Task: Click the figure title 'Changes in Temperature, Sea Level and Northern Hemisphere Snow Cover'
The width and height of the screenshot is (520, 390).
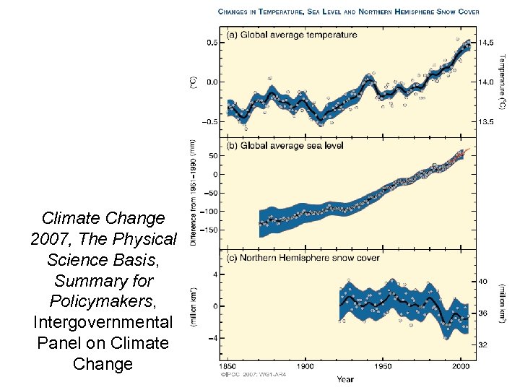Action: coord(348,12)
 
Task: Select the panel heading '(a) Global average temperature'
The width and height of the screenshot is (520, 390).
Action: coord(292,35)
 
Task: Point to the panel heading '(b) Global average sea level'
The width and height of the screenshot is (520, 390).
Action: coord(285,145)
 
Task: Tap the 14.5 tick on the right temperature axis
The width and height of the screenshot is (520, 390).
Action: coord(487,43)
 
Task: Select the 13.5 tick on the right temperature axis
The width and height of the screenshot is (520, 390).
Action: coord(487,122)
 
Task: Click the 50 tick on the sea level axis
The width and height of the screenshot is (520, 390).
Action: coord(212,155)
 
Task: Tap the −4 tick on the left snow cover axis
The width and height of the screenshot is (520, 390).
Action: coord(213,337)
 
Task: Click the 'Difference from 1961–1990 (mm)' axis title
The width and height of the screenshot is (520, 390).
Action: coord(194,194)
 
